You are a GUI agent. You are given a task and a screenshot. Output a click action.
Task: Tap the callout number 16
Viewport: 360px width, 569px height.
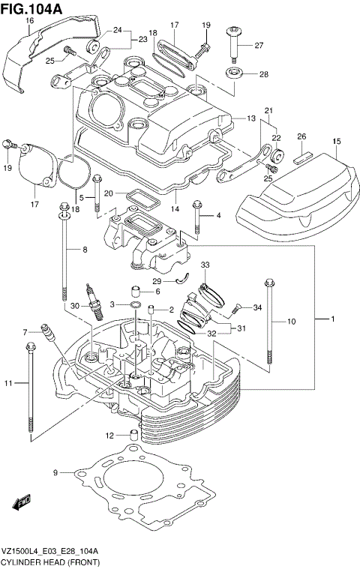point(29,20)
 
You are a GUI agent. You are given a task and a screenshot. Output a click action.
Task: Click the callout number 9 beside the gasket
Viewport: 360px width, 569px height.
point(55,472)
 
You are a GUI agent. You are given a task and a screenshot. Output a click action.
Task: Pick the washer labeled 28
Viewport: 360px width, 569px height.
point(233,74)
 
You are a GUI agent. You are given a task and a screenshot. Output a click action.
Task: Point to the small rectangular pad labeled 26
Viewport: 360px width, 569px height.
point(301,158)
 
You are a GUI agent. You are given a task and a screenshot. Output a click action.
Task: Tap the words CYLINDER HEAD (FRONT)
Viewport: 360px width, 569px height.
point(49,561)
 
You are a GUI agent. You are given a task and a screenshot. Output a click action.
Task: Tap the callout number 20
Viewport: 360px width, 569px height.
point(109,193)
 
